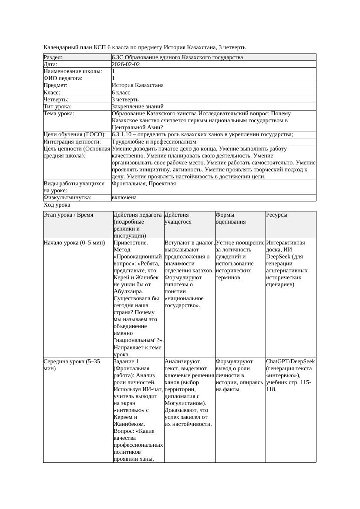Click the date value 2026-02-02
coord(126,64)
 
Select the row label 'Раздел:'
coord(53,57)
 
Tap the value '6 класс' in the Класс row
coord(121,93)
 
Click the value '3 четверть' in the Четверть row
coord(125,100)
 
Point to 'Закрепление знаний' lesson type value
coord(138,107)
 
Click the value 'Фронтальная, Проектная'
coord(144,184)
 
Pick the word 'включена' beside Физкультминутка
coord(124,198)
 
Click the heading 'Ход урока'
coord(57,205)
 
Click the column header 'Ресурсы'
coord(277,215)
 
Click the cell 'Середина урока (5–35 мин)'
coord(72,365)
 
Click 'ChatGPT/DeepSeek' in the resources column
coord(290,362)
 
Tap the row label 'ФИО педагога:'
coord(63,78)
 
